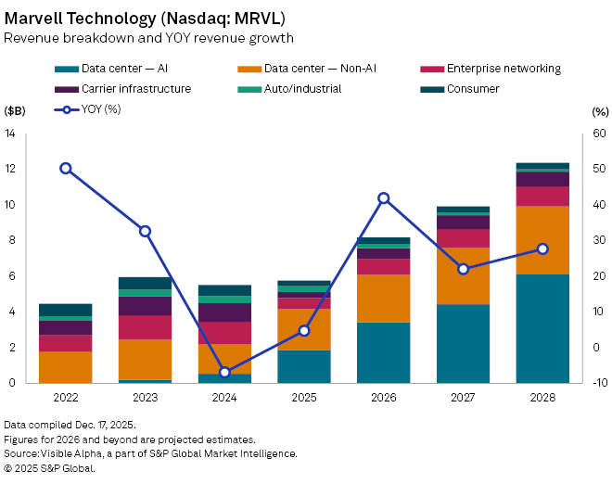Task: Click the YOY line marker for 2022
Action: (66, 169)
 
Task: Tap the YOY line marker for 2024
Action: (224, 372)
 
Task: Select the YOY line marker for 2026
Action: (384, 197)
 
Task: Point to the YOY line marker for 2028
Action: (542, 248)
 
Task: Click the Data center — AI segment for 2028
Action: (542, 328)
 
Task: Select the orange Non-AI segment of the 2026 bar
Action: (384, 299)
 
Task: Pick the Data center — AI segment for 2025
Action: (304, 366)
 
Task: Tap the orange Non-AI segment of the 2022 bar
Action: (66, 366)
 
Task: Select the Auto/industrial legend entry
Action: (300, 89)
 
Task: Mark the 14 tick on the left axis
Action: (11, 134)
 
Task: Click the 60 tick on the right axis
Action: (598, 134)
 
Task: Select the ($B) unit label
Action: (16, 110)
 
